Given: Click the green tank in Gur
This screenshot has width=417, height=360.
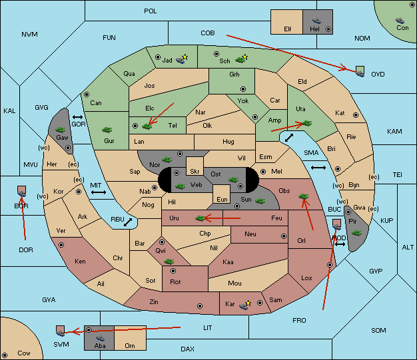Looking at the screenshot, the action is point(107,130).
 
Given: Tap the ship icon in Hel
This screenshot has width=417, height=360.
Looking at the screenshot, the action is point(316,21).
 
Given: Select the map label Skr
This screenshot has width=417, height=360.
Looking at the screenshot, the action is point(195,172).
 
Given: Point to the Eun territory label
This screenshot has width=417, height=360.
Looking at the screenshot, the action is point(222,199).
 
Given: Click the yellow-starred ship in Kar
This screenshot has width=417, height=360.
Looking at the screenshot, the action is point(244,305).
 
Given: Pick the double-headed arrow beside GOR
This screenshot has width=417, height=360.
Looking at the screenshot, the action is point(78,117).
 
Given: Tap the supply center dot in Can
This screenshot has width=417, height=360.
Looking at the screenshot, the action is point(87,94).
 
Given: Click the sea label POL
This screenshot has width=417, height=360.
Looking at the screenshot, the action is point(151,11).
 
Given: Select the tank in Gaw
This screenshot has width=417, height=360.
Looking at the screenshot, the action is point(61,130).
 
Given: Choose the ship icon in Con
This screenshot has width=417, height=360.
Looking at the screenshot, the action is point(400,21).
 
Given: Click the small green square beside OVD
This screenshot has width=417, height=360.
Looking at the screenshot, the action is point(360,70).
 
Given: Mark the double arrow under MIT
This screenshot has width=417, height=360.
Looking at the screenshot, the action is point(99,192).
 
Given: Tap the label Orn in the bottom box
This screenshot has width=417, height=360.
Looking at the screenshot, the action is point(130,345).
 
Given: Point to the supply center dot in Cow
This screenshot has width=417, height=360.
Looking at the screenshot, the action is point(5,355).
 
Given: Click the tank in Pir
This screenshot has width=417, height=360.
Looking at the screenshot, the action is point(356,233).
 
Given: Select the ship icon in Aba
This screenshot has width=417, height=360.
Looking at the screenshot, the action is point(101,337).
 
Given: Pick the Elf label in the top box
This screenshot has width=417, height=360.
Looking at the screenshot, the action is point(288,29).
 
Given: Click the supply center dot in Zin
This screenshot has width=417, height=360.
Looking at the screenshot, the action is point(200,306).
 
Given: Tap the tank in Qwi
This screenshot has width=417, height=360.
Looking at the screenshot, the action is point(169,262).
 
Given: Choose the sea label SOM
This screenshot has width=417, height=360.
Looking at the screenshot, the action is point(378,330).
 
